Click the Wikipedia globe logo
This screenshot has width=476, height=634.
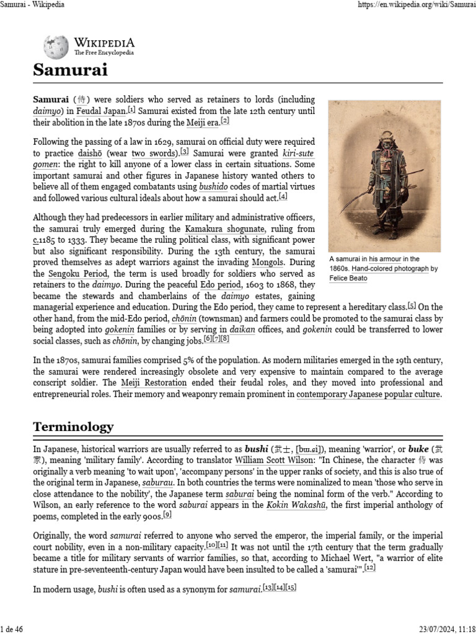(x=56, y=47)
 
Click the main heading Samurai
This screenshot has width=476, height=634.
(x=70, y=71)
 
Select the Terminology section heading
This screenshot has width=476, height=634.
(x=73, y=427)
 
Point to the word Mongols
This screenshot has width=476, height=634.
(x=268, y=263)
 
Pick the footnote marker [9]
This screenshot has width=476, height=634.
(x=167, y=515)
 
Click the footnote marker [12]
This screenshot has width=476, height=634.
(x=369, y=568)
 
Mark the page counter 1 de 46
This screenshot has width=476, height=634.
(x=12, y=629)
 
